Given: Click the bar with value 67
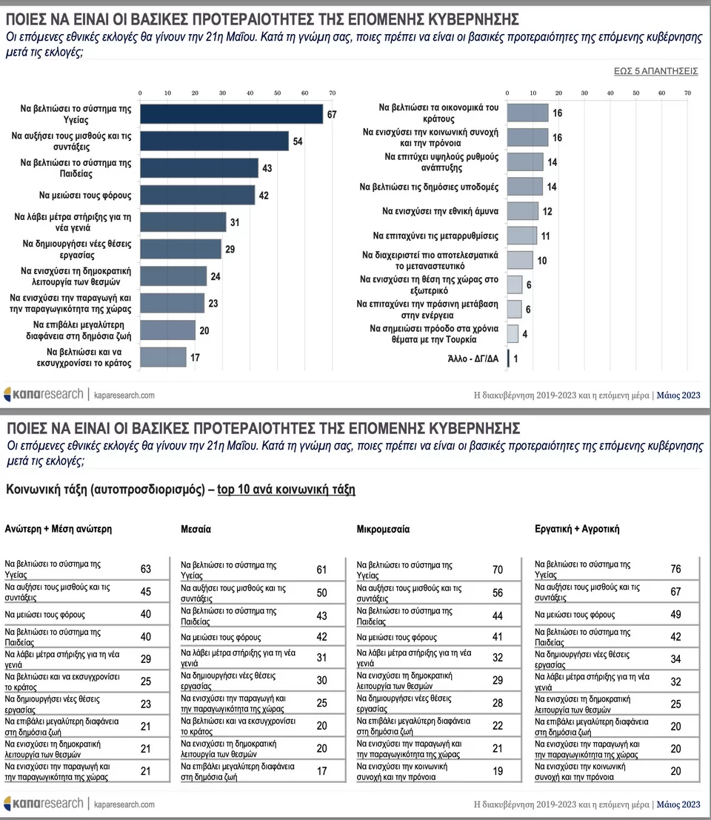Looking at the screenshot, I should (x=231, y=113).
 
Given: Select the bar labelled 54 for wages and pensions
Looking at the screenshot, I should (x=214, y=141).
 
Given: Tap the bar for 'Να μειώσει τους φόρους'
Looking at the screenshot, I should (x=197, y=195).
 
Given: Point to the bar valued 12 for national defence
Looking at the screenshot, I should (x=523, y=211).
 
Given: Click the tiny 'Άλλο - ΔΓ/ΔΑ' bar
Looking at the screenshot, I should (x=508, y=359).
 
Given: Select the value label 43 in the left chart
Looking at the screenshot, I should (x=267, y=168).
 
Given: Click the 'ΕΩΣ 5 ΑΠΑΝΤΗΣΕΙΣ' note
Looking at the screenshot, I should (x=656, y=71).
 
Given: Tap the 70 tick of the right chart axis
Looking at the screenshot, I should (x=687, y=93).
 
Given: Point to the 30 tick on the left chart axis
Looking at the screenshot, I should (x=222, y=93).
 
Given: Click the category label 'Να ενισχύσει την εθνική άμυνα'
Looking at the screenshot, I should (x=440, y=211).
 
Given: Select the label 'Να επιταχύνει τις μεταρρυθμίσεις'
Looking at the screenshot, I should (x=435, y=236).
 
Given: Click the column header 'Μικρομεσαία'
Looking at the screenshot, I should (x=383, y=530).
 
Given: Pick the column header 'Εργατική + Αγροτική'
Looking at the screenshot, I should (x=577, y=530).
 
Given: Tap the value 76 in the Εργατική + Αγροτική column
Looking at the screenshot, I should (x=675, y=569).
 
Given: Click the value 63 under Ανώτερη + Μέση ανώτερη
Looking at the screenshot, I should (x=145, y=569).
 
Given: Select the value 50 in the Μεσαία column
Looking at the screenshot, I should (x=321, y=593).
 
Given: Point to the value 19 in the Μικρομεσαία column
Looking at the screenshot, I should (x=498, y=772).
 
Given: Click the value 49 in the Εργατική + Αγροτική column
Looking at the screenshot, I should (x=675, y=615).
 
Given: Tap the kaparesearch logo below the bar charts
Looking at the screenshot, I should (x=44, y=394).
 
